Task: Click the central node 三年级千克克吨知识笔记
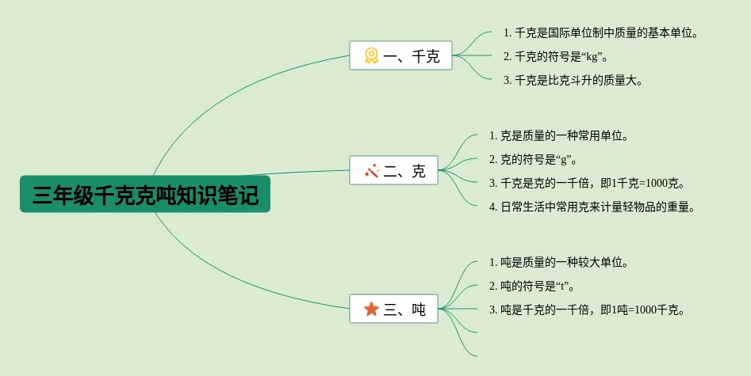pos(145,194)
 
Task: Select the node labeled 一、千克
pos(400,55)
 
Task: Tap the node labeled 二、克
pos(394,170)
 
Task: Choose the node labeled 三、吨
pos(394,309)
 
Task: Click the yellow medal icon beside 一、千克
pos(371,55)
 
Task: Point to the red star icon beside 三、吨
pos(371,309)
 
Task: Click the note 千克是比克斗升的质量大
pos(573,80)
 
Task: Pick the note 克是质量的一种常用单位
pos(559,135)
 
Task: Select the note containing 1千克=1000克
pos(587,183)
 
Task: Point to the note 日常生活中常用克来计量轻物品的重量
pos(592,207)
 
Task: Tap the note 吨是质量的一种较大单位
pos(559,262)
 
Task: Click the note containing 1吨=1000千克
pos(587,310)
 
